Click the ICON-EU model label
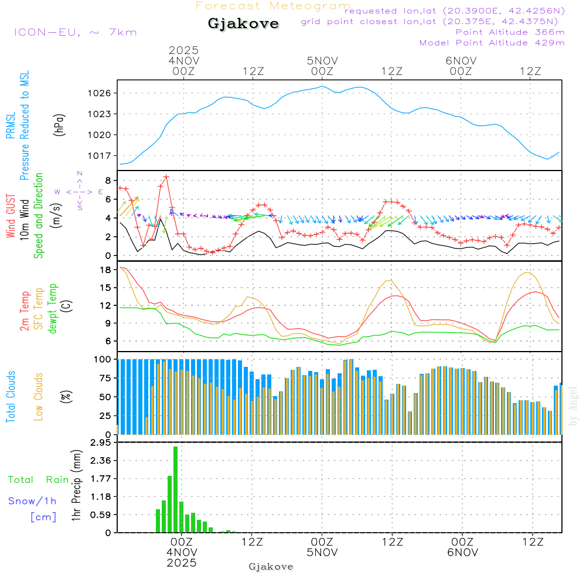click(75, 32)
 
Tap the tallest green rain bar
click(175, 489)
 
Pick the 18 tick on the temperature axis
click(106, 270)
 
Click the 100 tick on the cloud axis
click(103, 359)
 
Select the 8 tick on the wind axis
click(108, 180)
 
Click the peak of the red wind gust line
click(166, 176)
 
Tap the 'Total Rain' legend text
click(39, 480)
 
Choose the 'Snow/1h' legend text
click(33, 502)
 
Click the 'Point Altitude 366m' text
click(510, 32)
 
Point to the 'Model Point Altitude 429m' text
click(492, 43)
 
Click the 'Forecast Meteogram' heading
click(273, 6)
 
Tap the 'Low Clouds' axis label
click(39, 396)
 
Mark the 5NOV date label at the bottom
click(322, 553)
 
